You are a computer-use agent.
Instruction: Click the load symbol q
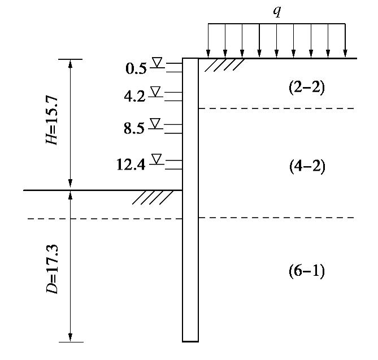click(277, 12)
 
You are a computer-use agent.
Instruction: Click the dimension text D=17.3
click(53, 266)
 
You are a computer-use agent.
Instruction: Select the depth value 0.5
click(136, 70)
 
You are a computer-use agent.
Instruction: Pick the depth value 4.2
click(134, 97)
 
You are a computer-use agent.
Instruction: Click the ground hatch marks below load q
click(224, 66)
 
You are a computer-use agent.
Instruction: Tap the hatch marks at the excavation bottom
click(153, 197)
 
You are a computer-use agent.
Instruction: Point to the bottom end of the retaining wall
click(190, 340)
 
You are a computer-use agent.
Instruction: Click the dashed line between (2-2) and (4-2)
click(277, 108)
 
